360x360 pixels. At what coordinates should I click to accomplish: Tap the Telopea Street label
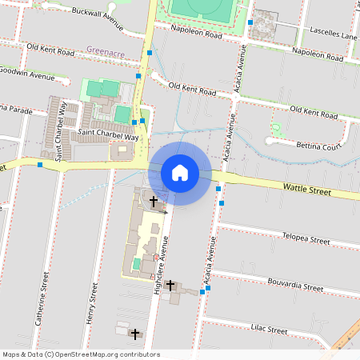pos(306,238)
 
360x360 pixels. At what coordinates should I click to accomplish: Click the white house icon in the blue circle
pos(180,173)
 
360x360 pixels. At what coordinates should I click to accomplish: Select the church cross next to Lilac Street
pos(135,334)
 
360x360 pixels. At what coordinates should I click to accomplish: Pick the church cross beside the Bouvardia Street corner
pos(170,284)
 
